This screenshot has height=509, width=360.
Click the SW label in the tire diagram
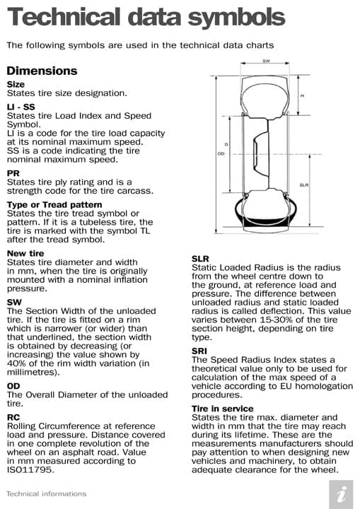(266, 62)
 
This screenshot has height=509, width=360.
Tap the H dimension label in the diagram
(303, 95)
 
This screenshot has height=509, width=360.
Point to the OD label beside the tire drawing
(221, 153)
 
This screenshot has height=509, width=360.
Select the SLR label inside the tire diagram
(303, 185)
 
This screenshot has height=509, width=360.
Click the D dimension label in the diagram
(226, 144)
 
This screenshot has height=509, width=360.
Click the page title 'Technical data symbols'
(146, 17)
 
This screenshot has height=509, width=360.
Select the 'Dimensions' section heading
(42, 71)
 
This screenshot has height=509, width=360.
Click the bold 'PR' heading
(13, 173)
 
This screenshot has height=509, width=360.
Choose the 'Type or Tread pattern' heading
(56, 205)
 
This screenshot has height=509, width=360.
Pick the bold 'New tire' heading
(25, 253)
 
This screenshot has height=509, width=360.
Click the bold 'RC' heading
(13, 418)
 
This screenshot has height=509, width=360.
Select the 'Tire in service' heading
(222, 409)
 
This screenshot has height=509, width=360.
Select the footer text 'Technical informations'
(46, 493)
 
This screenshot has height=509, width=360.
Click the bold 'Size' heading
(16, 84)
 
